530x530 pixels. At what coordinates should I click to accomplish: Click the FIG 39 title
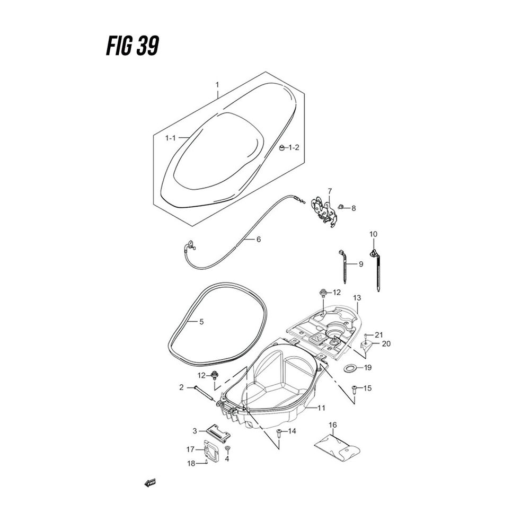tap(129, 47)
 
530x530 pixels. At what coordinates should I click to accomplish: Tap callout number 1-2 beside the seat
tap(294, 147)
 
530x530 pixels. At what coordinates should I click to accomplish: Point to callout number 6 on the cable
tap(258, 240)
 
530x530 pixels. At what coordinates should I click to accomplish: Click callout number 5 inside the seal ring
tap(201, 322)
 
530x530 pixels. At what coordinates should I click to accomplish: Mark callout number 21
tap(378, 334)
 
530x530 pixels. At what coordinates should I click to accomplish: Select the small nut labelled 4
tap(227, 450)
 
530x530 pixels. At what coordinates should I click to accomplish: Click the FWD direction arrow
tap(150, 483)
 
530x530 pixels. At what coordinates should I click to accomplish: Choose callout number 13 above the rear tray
tap(357, 298)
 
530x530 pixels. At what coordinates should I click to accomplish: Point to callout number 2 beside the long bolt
tap(181, 388)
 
